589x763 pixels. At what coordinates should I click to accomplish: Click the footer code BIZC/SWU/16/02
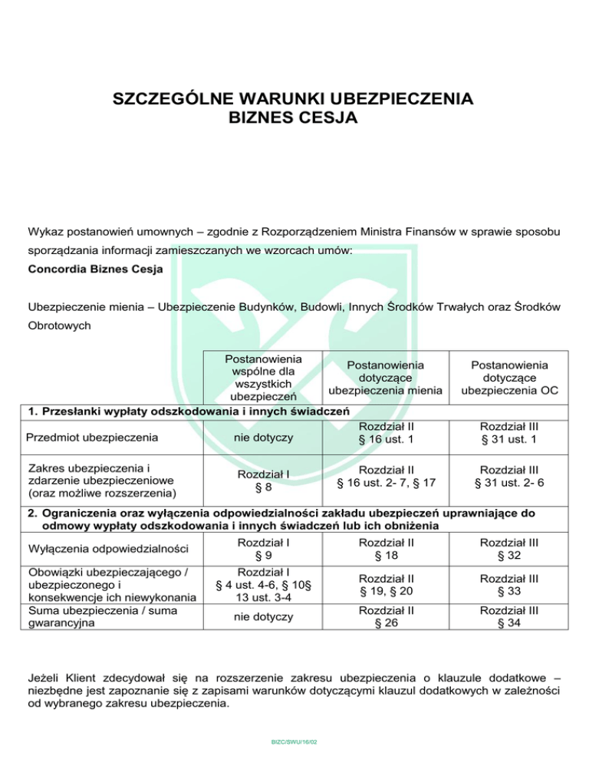click(x=294, y=742)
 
